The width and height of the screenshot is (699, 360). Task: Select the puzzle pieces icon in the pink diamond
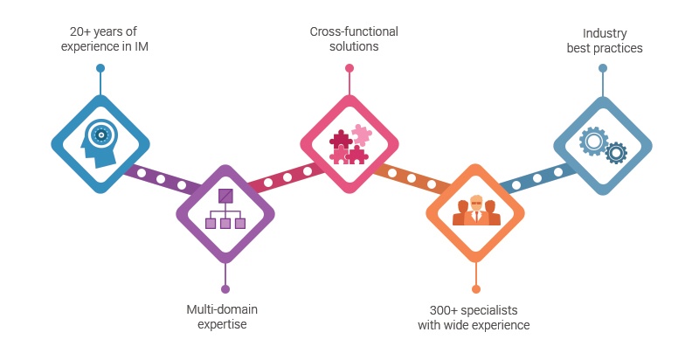pyautogui.click(x=349, y=144)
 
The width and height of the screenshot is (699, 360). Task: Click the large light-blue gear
pyautogui.click(x=593, y=140)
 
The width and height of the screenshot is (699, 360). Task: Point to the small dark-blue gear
pyautogui.click(x=616, y=153)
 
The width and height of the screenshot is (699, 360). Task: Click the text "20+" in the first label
pyautogui.click(x=76, y=31)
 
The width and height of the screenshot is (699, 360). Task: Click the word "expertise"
pyautogui.click(x=222, y=324)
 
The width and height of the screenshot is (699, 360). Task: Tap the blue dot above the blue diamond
pyautogui.click(x=100, y=67)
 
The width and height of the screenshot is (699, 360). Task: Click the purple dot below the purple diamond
pyautogui.click(x=225, y=288)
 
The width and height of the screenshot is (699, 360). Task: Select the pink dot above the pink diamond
pyautogui.click(x=349, y=67)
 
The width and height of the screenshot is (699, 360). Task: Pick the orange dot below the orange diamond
pyautogui.click(x=476, y=288)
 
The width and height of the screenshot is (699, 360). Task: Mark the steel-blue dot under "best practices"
pyautogui.click(x=603, y=67)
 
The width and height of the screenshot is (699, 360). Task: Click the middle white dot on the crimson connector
pyautogui.click(x=287, y=177)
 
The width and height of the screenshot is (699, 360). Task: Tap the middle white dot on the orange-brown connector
pyautogui.click(x=412, y=178)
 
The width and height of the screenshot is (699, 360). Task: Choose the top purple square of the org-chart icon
pyautogui.click(x=225, y=196)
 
